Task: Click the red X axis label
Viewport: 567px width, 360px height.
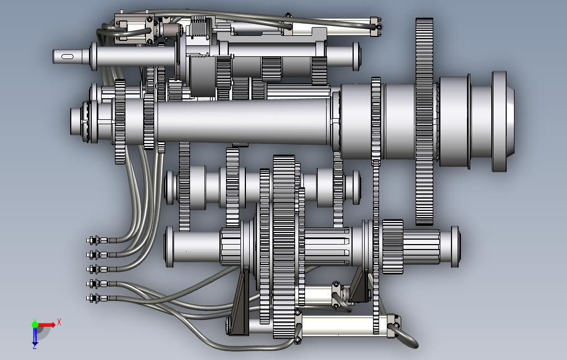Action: (x=59, y=322)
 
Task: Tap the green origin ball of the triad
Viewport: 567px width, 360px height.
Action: (x=35, y=325)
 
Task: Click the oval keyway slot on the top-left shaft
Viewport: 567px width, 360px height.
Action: (x=67, y=57)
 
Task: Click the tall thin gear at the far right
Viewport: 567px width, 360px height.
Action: (x=424, y=121)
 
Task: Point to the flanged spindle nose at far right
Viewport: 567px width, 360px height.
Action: (x=503, y=121)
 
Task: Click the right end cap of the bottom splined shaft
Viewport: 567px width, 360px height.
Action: (x=455, y=247)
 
